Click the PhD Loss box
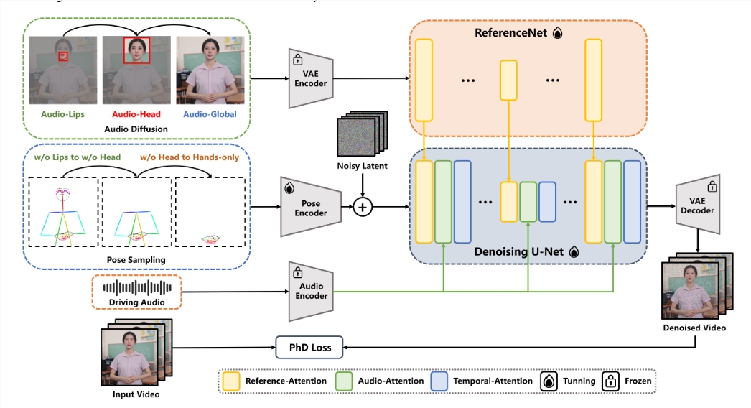tap(309, 347)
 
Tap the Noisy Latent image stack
tap(361, 136)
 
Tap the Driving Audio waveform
tap(139, 287)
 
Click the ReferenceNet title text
tap(511, 33)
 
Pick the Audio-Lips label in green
tap(62, 114)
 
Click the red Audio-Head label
tap(136, 114)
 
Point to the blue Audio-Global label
tap(210, 114)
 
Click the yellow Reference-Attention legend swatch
tap(232, 381)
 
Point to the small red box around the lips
tap(63, 57)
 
